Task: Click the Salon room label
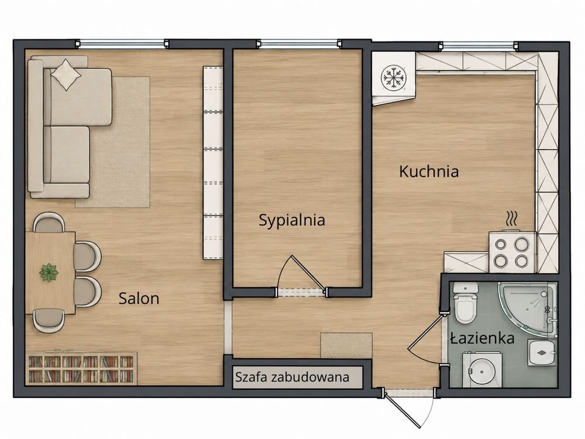coord(139,299)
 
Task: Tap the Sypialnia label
coord(292,221)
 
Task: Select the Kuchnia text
coord(429,172)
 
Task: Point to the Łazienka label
coord(483,338)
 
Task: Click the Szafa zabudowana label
coord(292,377)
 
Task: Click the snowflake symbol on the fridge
coord(393,78)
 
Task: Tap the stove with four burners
coord(512,252)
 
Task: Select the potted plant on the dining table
coord(49,273)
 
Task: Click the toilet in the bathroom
coord(465,302)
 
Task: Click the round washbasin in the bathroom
coord(481,372)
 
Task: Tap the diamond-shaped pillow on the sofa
coord(66,75)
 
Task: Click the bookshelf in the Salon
coord(81,369)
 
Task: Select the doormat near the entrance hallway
coord(346,346)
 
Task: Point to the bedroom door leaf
coord(308,273)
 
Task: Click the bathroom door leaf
coord(425,332)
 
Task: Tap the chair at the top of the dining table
coord(49,222)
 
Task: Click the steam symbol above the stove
coord(511,218)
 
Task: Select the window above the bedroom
coord(299,44)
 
